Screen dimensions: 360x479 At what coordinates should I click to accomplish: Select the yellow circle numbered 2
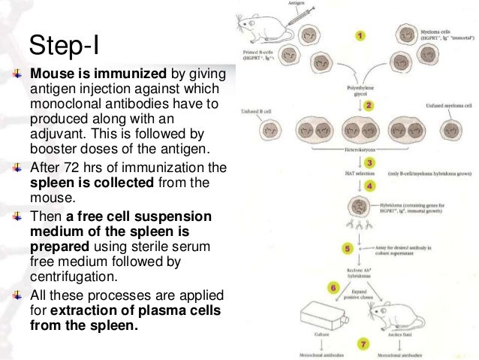(x=369, y=106)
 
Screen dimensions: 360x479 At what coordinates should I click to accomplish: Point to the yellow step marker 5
(x=347, y=247)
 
